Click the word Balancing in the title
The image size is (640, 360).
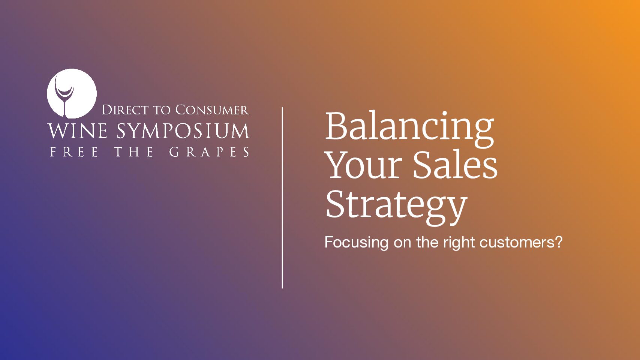pyautogui.click(x=409, y=127)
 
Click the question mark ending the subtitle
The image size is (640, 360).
pyautogui.click(x=559, y=242)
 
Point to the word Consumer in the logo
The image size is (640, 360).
pyautogui.click(x=212, y=110)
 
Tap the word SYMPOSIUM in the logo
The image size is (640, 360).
pyautogui.click(x=183, y=131)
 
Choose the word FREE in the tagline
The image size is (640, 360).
pyautogui.click(x=74, y=152)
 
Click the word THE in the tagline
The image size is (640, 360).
pyautogui.click(x=134, y=152)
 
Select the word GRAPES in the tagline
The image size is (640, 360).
pyautogui.click(x=209, y=152)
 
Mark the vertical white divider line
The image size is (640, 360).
pyautogui.click(x=282, y=198)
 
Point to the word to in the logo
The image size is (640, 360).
pyautogui.click(x=162, y=110)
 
